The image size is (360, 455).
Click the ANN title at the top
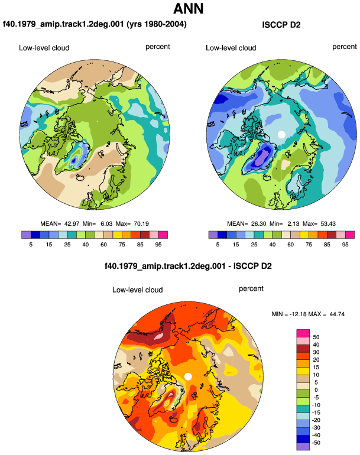tap(188, 8)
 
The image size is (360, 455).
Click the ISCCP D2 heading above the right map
tap(281, 25)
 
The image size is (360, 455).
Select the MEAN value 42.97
tap(72, 224)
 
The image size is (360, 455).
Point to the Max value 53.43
tap(328, 224)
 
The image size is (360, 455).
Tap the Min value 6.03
tap(106, 224)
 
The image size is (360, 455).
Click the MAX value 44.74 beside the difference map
tap(337, 314)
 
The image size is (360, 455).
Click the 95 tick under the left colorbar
tap(158, 245)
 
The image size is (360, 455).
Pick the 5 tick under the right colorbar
tap(218, 245)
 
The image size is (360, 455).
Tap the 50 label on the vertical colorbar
tap(316, 337)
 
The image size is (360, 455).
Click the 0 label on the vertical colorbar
tap(316, 390)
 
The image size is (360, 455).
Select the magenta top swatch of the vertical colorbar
tap(303, 333)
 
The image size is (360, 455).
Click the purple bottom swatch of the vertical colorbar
tap(303, 446)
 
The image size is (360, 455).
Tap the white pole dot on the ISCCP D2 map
tap(281, 134)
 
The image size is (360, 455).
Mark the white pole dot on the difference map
tap(188, 376)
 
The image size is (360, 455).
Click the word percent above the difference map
tap(251, 289)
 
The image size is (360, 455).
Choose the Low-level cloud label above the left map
tap(44, 48)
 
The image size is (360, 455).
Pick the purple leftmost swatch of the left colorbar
tap(26, 235)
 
